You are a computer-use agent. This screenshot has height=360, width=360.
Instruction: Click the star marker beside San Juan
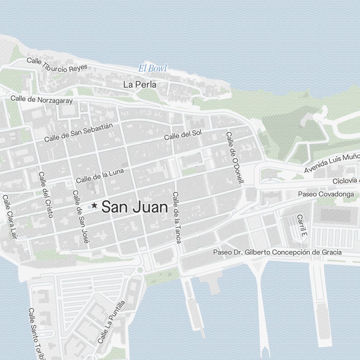[x=94, y=206]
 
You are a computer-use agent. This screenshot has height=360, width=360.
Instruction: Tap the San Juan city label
[x=135, y=207]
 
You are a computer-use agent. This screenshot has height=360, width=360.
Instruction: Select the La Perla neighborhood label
[x=140, y=85]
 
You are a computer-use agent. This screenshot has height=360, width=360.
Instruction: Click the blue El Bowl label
[x=153, y=68]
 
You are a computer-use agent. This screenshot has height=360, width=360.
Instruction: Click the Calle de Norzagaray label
[x=41, y=99]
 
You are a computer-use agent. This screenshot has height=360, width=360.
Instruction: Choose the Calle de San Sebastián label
[x=78, y=132]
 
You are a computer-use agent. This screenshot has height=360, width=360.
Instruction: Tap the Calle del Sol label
[x=183, y=135]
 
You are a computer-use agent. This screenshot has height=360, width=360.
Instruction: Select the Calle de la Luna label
[x=100, y=175]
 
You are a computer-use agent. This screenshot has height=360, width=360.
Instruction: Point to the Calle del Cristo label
[x=46, y=194]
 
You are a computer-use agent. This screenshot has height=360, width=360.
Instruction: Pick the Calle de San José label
[x=80, y=217]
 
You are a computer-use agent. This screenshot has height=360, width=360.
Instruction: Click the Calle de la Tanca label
[x=176, y=217]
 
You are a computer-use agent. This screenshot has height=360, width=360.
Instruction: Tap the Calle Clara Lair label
[x=10, y=217]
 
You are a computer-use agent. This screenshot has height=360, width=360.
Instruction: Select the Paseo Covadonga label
[x=326, y=194]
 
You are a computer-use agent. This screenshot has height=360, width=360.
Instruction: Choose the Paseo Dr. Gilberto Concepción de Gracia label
[x=277, y=252]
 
